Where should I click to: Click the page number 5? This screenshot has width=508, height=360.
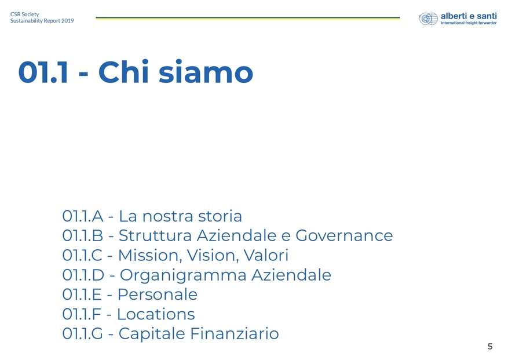490,347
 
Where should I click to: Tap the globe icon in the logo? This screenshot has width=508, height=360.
428,19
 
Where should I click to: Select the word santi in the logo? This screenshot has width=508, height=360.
486,16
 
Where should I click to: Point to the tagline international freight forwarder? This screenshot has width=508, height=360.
469,23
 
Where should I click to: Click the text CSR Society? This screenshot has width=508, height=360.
25,14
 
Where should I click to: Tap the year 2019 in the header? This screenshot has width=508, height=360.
68,21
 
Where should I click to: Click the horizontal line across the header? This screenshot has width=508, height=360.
248,18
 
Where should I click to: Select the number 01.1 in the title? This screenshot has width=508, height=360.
43,72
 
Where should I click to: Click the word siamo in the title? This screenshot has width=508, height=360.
206,72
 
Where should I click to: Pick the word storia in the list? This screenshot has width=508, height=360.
220,216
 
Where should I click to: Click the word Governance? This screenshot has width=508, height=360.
344,236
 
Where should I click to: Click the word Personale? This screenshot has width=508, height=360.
158,295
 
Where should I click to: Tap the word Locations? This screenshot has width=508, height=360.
156,314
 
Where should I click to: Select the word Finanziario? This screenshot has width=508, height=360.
234,334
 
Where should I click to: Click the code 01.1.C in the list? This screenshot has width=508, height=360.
82,256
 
